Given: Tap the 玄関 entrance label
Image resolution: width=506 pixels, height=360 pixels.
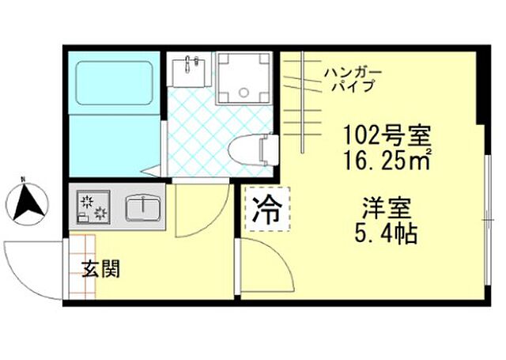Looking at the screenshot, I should [100, 270].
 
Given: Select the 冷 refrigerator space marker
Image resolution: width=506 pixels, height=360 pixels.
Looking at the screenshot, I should [267, 209].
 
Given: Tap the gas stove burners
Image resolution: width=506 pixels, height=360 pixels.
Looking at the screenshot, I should [93, 208].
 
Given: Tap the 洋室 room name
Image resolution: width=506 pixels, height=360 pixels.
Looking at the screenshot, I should [387, 210].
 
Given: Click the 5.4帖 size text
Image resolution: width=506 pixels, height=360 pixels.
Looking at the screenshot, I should [387, 235].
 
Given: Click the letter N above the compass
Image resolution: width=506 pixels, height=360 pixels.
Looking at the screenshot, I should [24, 179].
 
